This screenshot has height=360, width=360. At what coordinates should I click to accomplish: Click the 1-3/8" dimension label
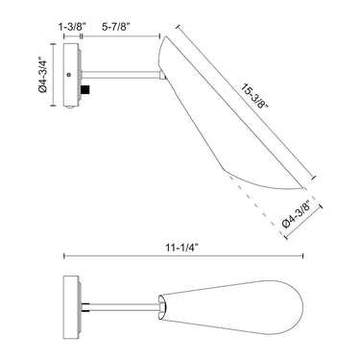72,27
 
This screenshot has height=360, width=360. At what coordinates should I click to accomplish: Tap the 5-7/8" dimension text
115,27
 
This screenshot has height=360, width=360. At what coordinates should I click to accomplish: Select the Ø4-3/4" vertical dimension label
42,75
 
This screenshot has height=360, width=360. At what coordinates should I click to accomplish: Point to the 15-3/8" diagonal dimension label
254,97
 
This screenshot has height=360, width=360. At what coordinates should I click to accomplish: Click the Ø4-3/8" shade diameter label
297,214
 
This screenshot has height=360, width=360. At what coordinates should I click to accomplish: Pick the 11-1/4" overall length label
182,248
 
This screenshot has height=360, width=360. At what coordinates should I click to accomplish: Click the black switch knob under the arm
85,89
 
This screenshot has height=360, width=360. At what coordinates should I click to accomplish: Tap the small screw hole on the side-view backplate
68,75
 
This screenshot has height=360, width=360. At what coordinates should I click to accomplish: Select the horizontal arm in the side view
121,75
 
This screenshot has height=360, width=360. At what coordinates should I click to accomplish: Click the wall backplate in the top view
71,307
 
